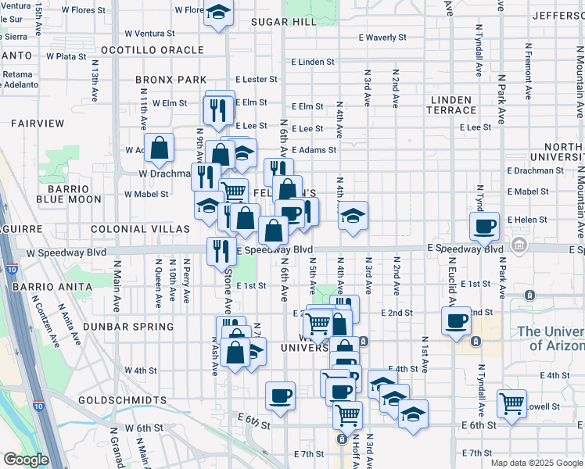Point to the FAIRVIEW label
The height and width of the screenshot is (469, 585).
tap(37, 124)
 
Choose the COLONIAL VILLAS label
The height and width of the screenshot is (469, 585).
tap(140, 229)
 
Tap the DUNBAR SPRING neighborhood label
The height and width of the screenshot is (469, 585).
tap(131, 327)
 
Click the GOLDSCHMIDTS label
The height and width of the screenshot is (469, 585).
tap(123, 400)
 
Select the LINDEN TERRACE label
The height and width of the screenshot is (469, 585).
tap(451, 105)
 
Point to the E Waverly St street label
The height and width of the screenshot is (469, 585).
tap(382, 38)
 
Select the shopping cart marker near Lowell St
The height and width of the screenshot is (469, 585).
tap(511, 403)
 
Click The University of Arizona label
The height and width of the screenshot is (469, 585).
tap(551, 338)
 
